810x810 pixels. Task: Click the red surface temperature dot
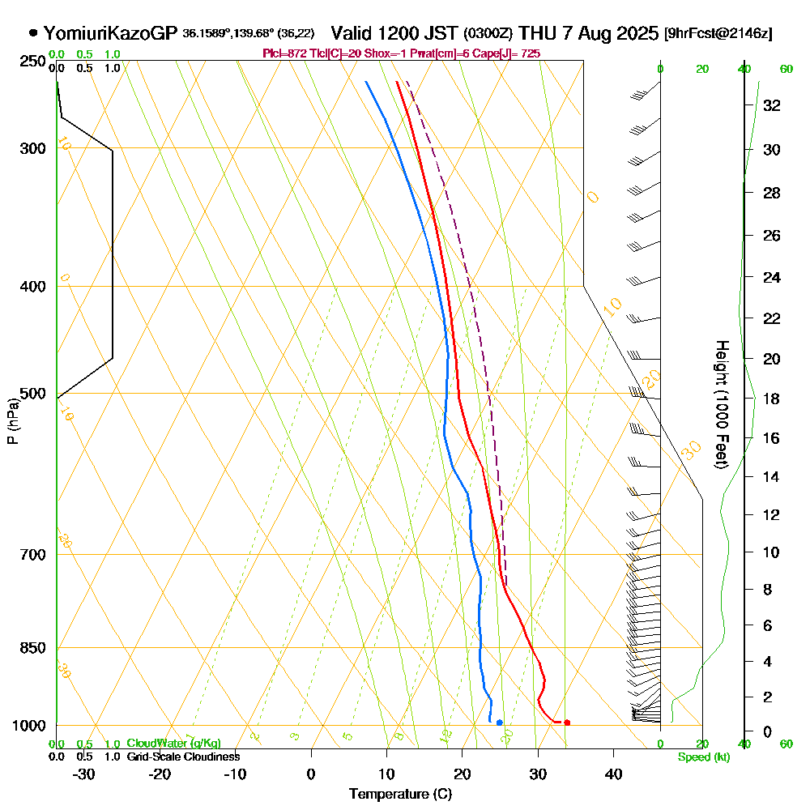coord(567,722)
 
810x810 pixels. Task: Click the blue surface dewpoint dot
coord(499,722)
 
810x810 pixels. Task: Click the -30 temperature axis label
coord(84,774)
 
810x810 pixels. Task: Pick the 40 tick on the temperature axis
coord(613,774)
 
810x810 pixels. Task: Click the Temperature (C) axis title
coord(400,795)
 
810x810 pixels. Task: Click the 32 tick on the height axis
coord(772,105)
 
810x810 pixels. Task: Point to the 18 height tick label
coord(772,399)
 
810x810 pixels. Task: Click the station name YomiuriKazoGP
coord(110,34)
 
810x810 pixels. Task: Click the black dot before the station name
coord(33,34)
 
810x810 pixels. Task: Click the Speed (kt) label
coord(701,757)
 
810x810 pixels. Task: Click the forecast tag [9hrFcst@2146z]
coord(718,34)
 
